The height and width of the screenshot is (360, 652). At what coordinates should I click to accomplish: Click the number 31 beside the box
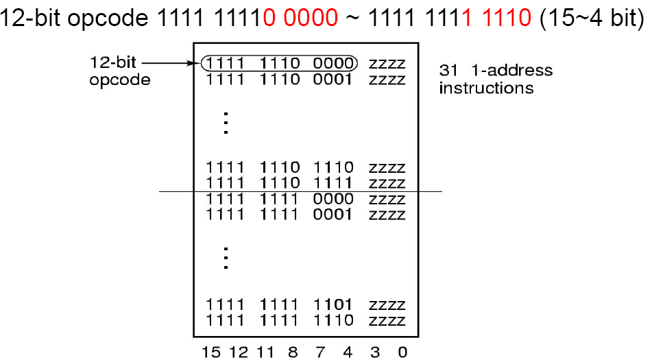click(446, 70)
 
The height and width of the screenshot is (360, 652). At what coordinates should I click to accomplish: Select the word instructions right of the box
click(486, 88)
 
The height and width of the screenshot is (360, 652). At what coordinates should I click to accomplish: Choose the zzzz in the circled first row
click(387, 64)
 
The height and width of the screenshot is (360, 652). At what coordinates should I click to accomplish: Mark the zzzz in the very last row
click(387, 320)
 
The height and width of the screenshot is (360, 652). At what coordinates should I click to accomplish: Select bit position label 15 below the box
click(210, 352)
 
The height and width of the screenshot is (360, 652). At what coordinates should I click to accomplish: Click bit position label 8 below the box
click(293, 352)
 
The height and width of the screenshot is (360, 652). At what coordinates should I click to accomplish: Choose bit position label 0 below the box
click(402, 352)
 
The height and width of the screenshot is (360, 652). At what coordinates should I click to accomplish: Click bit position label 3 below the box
click(374, 352)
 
